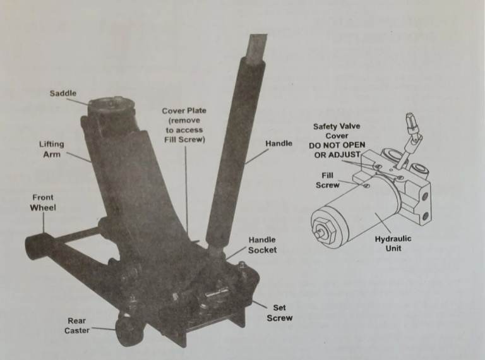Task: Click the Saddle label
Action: [63, 93]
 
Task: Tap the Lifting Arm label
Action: [52, 149]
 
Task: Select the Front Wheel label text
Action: [43, 202]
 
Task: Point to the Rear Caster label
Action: [76, 325]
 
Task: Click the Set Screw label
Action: [279, 313]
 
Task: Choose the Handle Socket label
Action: [262, 245]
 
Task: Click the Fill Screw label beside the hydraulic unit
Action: [328, 180]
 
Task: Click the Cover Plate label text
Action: [184, 111]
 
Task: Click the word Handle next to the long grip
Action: [278, 144]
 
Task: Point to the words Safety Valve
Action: [337, 126]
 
